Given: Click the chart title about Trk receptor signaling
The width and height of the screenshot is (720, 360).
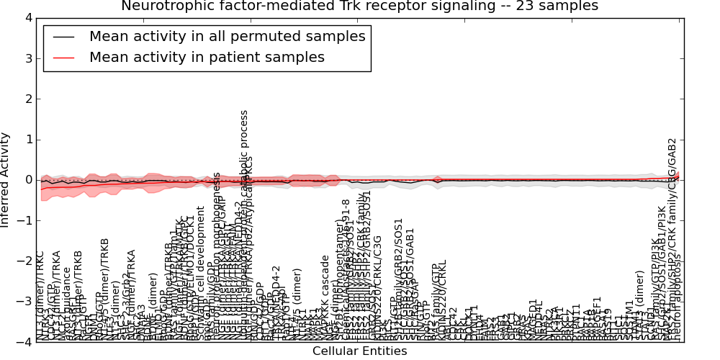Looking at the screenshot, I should (359, 6).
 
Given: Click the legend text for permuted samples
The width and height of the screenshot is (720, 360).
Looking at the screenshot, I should (227, 37).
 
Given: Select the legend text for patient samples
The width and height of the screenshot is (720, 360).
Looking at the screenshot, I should (207, 57).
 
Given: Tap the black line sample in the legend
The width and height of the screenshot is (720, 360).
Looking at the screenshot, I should (63, 37).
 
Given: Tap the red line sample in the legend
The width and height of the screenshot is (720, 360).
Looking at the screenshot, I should (63, 57).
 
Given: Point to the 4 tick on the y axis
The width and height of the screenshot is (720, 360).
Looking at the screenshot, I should (27, 18).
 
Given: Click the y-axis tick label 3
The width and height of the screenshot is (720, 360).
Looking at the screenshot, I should (27, 58).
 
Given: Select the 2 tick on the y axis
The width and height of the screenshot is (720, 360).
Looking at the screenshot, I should (27, 99).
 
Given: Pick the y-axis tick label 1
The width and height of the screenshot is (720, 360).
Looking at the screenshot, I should (27, 140).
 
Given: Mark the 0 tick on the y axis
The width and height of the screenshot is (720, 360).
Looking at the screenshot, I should (27, 180).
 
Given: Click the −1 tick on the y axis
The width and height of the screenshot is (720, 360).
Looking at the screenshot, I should (24, 220).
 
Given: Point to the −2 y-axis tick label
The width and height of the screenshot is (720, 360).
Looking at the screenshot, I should (24, 261).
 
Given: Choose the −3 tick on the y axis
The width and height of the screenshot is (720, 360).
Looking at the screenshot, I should (24, 302).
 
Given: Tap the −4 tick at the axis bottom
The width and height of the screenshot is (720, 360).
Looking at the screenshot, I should (24, 342).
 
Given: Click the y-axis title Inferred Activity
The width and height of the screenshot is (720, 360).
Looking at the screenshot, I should (6, 180).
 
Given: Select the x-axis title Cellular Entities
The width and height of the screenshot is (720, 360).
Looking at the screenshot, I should (359, 351).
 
